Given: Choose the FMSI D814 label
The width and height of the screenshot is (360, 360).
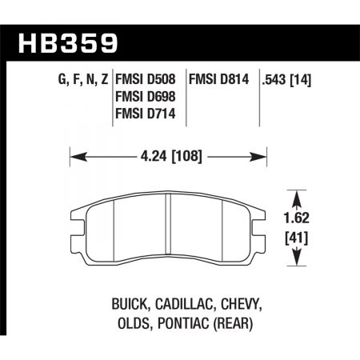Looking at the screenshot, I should pos(219,80).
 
